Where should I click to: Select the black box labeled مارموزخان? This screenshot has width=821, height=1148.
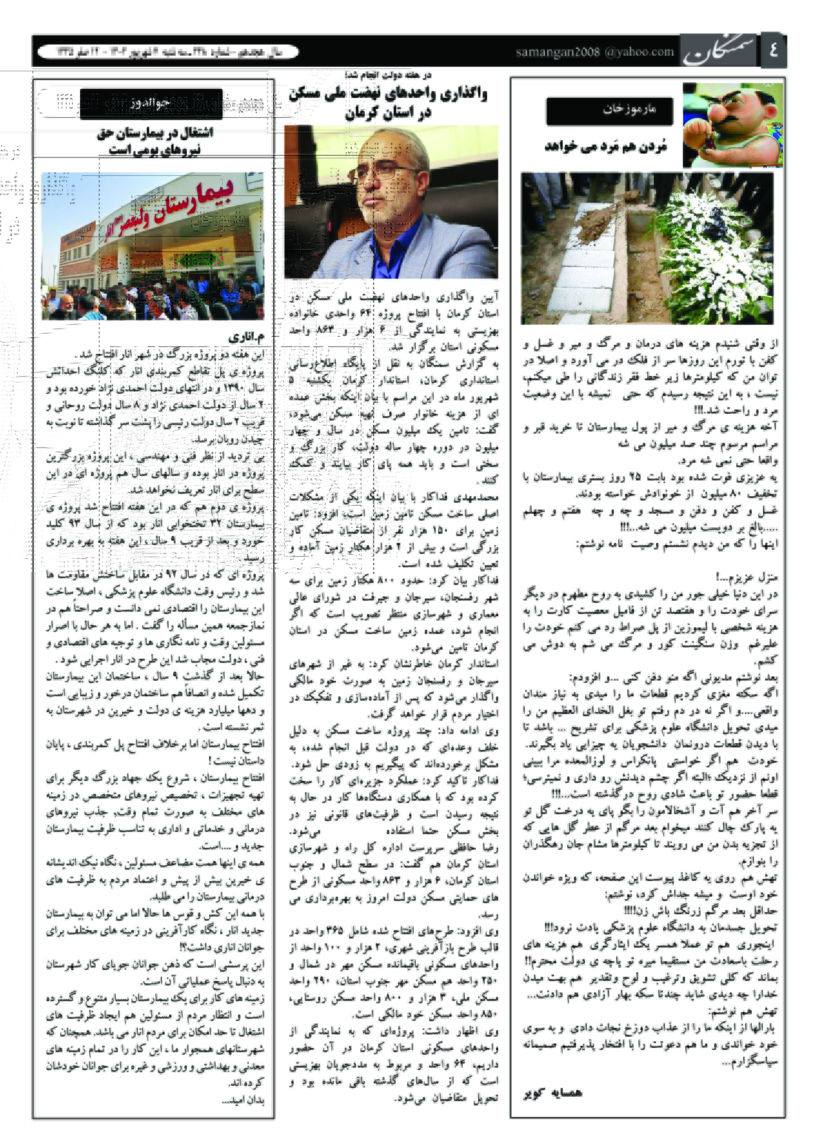(609, 110)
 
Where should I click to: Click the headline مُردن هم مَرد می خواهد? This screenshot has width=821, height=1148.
(606, 147)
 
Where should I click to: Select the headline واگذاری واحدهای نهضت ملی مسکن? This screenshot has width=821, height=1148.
(388, 93)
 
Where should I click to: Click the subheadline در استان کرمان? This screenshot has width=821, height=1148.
(388, 113)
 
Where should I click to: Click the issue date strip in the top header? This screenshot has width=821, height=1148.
(169, 52)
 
